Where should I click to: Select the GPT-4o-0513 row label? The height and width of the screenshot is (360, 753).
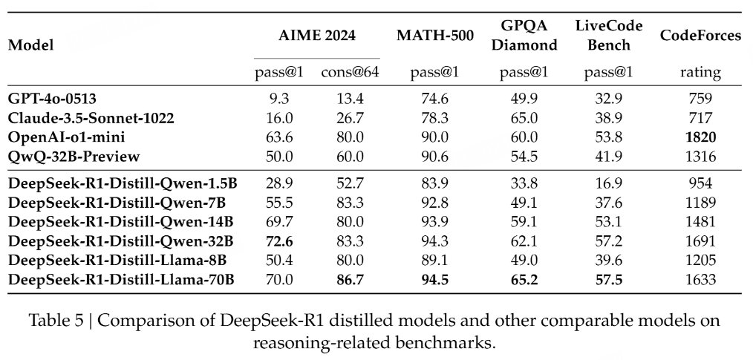click(x=53, y=99)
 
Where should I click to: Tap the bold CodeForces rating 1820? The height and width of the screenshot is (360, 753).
click(x=700, y=137)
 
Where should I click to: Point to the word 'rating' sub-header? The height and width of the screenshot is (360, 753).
click(x=700, y=72)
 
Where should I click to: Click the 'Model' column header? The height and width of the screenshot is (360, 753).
click(x=30, y=45)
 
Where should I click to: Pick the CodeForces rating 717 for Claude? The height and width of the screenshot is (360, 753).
click(x=700, y=118)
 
